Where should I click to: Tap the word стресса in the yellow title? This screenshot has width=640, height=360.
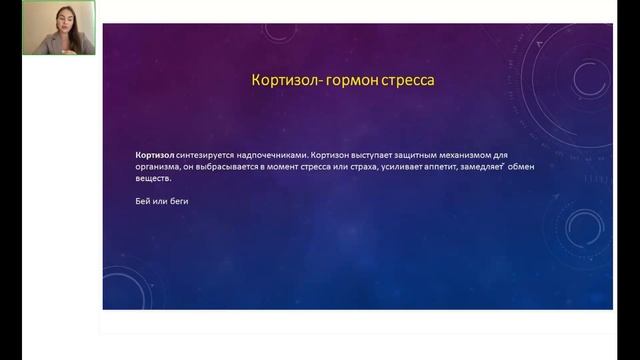(x=406, y=78)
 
